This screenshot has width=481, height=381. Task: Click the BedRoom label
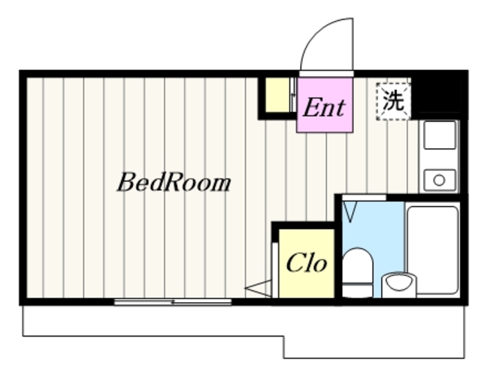tap(174, 183)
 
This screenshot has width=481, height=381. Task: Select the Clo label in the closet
tap(307, 263)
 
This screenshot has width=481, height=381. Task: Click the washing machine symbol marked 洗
tap(394, 101)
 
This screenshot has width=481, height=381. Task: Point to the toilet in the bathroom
tap(357, 272)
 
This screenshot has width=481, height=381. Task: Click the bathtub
tap(433, 250)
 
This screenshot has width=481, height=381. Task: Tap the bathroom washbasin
tap(399, 284)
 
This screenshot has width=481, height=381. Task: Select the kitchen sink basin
tap(439, 135)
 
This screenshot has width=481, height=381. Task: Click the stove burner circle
tap(439, 180)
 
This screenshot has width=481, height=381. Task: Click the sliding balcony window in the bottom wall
tap(173, 302)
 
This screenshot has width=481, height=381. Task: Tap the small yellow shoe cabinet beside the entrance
tap(277, 95)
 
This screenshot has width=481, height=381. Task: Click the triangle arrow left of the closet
tap(259, 289)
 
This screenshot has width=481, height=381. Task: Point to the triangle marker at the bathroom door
tap(349, 212)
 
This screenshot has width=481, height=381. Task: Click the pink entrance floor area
tap(325, 105)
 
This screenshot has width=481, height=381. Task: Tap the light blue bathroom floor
tap(383, 233)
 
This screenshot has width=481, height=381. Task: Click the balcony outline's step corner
tap(284, 337)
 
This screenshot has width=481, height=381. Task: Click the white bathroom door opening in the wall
tap(364, 198)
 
